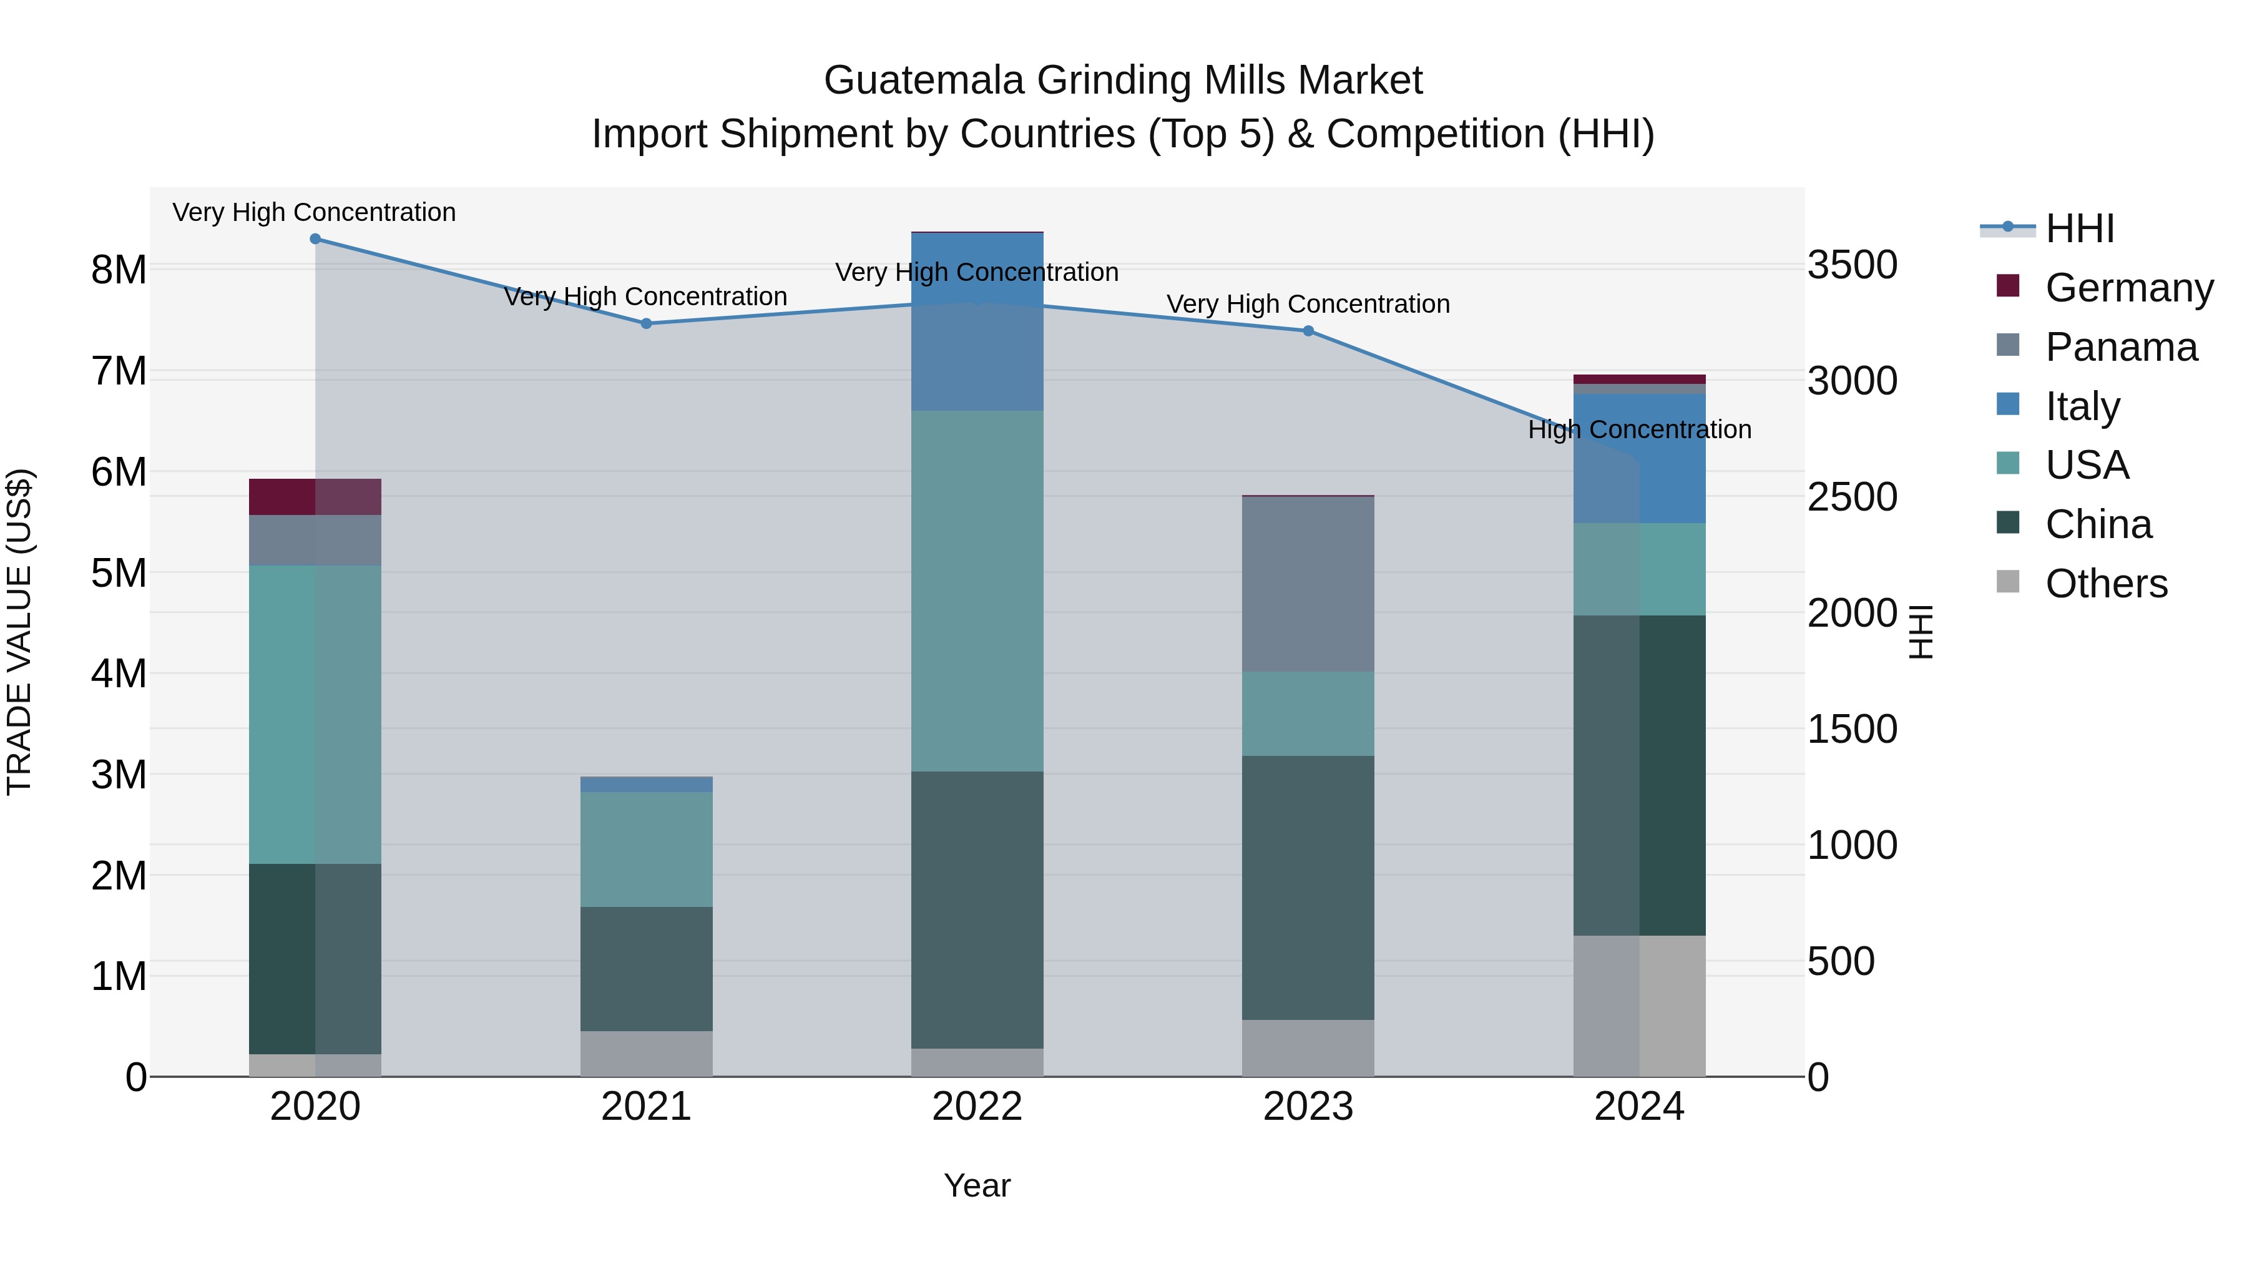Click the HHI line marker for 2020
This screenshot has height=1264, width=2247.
[315, 239]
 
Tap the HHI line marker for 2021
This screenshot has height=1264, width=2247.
[647, 323]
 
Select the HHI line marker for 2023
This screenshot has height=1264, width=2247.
[1308, 331]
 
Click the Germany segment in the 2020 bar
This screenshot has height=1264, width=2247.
[315, 497]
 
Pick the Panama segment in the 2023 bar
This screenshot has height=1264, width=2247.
[1308, 584]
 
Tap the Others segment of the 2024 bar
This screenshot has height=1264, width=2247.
[1639, 1006]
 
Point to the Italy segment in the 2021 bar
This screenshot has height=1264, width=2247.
[647, 784]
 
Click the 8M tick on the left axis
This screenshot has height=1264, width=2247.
[119, 270]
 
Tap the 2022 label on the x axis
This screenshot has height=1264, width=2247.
[977, 1107]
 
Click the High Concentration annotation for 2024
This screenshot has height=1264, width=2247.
[1639, 429]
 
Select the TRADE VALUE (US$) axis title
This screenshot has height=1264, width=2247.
[19, 632]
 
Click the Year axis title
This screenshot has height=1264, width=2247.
[977, 1185]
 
